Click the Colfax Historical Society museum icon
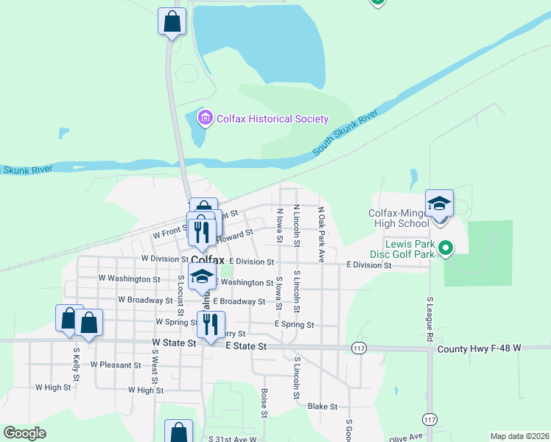click(x=205, y=118)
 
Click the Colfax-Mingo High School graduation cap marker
click(x=439, y=204)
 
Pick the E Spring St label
click(x=294, y=325)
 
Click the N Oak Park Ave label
click(x=321, y=234)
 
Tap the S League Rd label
click(x=429, y=319)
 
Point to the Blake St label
click(x=322, y=406)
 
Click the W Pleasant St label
click(x=116, y=365)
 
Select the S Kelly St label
click(x=77, y=365)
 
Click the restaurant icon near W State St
click(x=211, y=325)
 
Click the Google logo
click(x=24, y=433)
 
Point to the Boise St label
click(x=263, y=402)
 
